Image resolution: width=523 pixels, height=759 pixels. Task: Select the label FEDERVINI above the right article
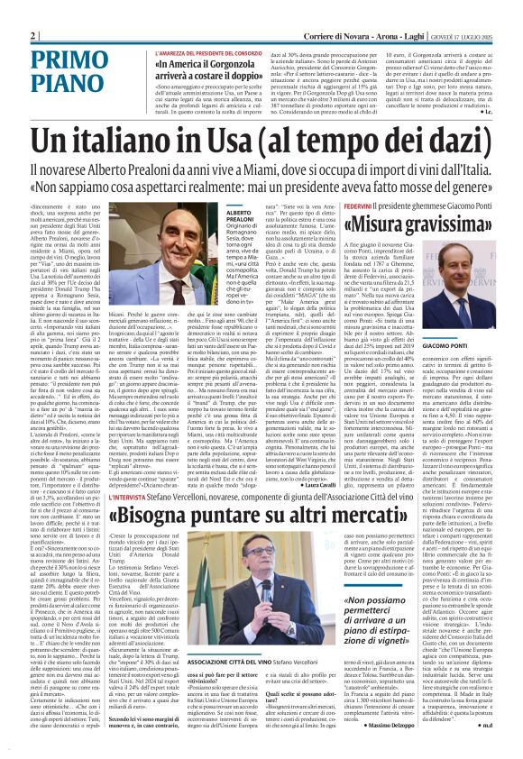[x=353, y=205]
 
